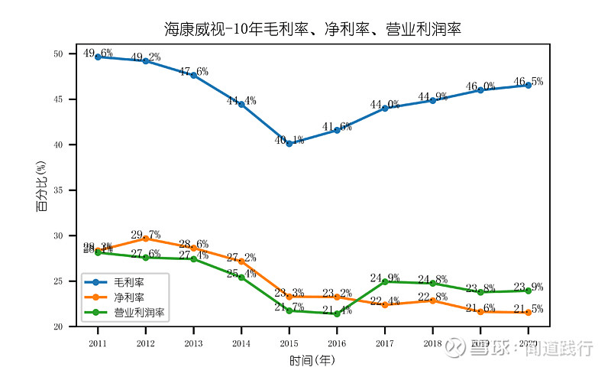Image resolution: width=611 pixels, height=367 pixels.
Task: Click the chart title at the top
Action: [x=313, y=29]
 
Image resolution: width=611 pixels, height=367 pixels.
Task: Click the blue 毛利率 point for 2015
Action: [x=289, y=144]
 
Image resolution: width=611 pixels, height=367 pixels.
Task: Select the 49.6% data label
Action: [x=98, y=54]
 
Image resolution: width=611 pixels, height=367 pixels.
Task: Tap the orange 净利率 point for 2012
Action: [x=146, y=239]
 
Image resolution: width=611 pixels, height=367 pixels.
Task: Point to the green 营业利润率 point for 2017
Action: [x=385, y=282]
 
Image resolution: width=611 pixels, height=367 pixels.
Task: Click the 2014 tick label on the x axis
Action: [x=241, y=344]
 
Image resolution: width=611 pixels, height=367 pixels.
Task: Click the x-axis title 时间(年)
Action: [x=312, y=359]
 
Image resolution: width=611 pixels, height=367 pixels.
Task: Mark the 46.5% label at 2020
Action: [x=529, y=82]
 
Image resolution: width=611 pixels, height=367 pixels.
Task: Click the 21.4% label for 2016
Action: [x=337, y=311]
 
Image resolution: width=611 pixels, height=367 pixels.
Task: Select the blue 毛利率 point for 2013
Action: [x=194, y=76]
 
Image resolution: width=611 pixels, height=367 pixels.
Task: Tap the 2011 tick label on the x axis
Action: [x=98, y=344]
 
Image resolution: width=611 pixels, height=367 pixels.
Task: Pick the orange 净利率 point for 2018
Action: [x=433, y=300]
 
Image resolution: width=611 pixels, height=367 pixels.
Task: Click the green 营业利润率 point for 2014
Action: [x=241, y=278]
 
